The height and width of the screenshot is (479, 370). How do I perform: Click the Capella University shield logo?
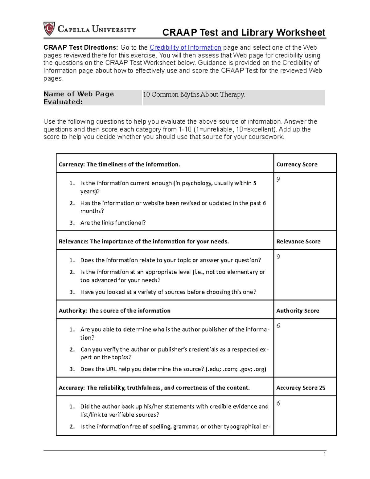[x=49, y=29]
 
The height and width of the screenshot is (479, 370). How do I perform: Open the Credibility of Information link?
[x=185, y=47]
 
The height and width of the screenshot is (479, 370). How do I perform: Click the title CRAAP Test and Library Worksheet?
[x=244, y=32]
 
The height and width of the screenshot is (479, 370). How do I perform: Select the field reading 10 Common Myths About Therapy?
[x=194, y=95]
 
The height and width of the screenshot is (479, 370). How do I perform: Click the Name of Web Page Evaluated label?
[x=79, y=98]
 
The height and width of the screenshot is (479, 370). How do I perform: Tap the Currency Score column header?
[x=297, y=164]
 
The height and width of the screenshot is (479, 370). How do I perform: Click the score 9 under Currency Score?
[x=278, y=180]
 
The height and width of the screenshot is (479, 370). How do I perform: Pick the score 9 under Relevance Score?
[x=278, y=257]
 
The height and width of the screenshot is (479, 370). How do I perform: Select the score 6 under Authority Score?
[x=278, y=326]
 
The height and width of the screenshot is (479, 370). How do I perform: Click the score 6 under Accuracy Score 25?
[x=278, y=403]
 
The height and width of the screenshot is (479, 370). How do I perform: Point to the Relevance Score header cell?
[x=298, y=242]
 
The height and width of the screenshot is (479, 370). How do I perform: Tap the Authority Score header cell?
[x=298, y=311]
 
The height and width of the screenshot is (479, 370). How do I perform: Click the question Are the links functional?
[x=113, y=223]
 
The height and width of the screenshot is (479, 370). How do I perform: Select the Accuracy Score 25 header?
[x=301, y=388]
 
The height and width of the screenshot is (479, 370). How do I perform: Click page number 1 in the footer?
[x=325, y=454]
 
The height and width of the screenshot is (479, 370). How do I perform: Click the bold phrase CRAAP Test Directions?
[x=80, y=47]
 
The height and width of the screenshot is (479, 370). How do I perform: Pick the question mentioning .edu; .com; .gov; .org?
[x=173, y=369]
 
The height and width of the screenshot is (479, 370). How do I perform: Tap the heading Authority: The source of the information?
[x=114, y=311]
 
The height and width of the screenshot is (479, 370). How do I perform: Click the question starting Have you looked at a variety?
[x=168, y=292]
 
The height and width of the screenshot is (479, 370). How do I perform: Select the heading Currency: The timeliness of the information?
[x=120, y=164]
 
